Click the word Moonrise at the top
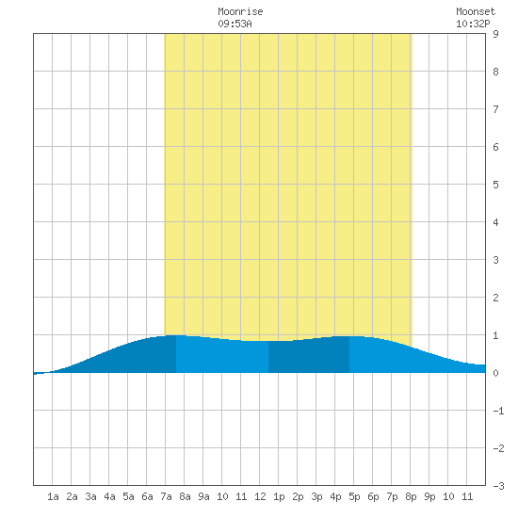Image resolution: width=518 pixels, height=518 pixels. click(240, 11)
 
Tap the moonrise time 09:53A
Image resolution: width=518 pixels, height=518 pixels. click(235, 24)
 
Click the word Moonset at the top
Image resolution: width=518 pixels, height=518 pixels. click(476, 11)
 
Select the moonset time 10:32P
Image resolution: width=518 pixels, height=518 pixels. click(473, 24)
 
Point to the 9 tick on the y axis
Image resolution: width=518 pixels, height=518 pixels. click(495, 34)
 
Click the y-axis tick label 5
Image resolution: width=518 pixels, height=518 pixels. click(495, 185)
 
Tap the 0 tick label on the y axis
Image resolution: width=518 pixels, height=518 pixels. click(495, 373)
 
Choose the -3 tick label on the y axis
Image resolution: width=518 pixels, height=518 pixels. click(498, 486)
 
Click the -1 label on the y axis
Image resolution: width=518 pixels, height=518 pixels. click(498, 411)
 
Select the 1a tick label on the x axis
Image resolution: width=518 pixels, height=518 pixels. click(53, 496)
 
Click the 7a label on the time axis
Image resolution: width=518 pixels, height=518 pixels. click(166, 496)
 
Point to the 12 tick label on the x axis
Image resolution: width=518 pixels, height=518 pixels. click(260, 496)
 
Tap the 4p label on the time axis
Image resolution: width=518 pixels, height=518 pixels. click(335, 496)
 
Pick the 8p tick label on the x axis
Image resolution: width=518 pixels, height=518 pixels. click(411, 496)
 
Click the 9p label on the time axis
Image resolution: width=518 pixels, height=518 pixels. click(429, 496)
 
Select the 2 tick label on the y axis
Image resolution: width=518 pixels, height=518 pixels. click(495, 298)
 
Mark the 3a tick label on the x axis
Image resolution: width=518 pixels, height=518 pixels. click(90, 496)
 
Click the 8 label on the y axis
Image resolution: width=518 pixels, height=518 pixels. click(495, 72)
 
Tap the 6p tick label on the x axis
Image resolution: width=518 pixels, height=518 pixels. click(373, 496)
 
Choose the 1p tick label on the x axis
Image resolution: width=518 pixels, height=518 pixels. click(279, 496)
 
